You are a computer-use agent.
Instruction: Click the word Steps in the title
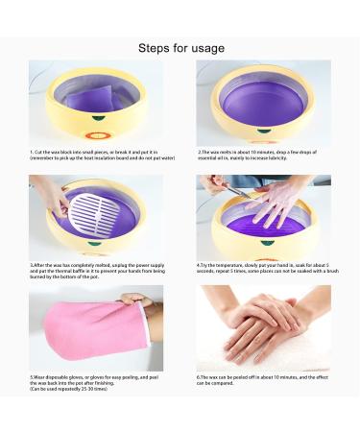[155, 47]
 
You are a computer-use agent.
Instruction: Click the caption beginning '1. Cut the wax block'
[102, 156]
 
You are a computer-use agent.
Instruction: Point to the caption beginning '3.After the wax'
[102, 270]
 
